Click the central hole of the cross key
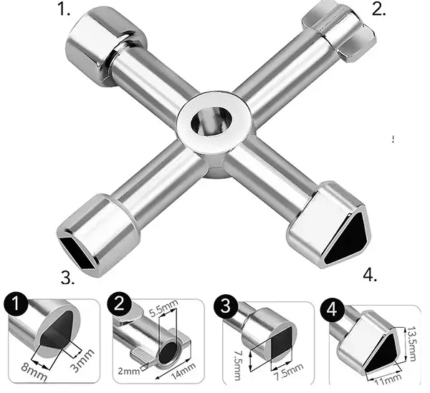point(211,121)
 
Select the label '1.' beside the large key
point(64,9)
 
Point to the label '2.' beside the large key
point(378,9)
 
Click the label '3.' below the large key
point(67,278)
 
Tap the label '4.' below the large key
point(370,275)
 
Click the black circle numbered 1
point(16,304)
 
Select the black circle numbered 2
point(119,304)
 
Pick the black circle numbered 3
point(226,306)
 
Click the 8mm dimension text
point(34,372)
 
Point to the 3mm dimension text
point(82,360)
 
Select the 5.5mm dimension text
point(163,308)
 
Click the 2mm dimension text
point(129,372)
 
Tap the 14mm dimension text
point(183,371)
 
